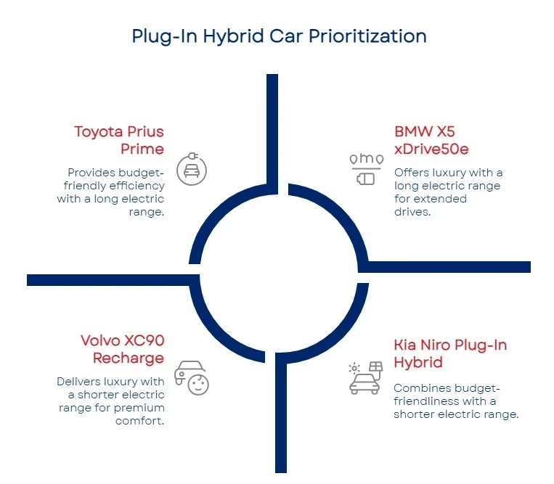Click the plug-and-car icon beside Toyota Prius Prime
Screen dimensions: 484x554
point(192,171)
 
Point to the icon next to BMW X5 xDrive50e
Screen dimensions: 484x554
point(365,168)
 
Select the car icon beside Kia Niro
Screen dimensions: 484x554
point(364,377)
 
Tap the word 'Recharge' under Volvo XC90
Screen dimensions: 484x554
point(128,358)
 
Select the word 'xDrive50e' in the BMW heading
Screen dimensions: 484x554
point(431,149)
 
